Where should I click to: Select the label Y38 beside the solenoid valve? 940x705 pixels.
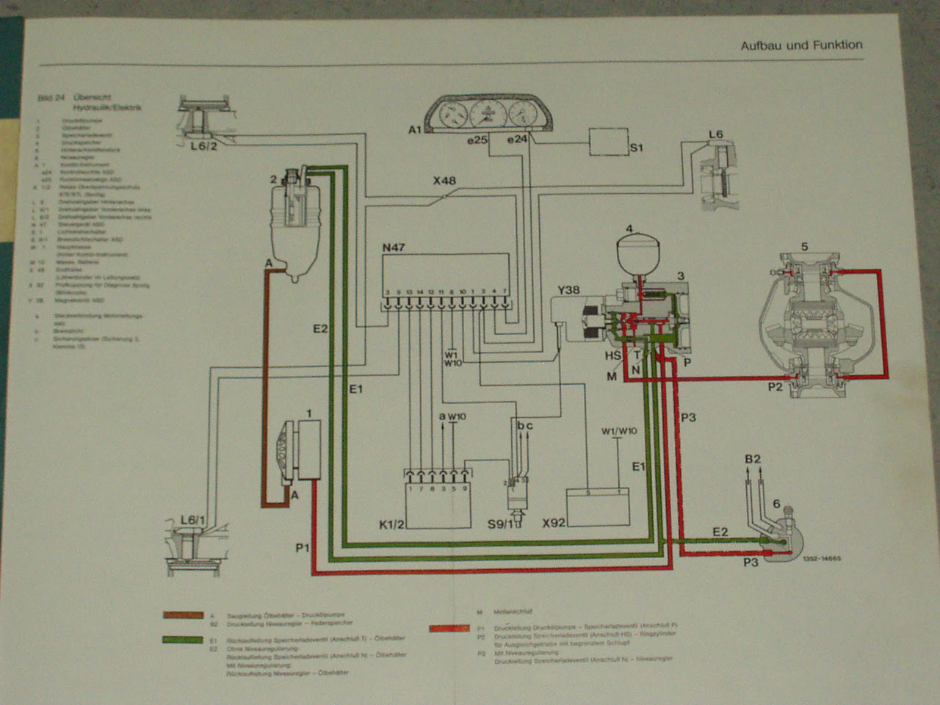click(x=568, y=289)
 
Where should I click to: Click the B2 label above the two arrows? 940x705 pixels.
click(x=753, y=459)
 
